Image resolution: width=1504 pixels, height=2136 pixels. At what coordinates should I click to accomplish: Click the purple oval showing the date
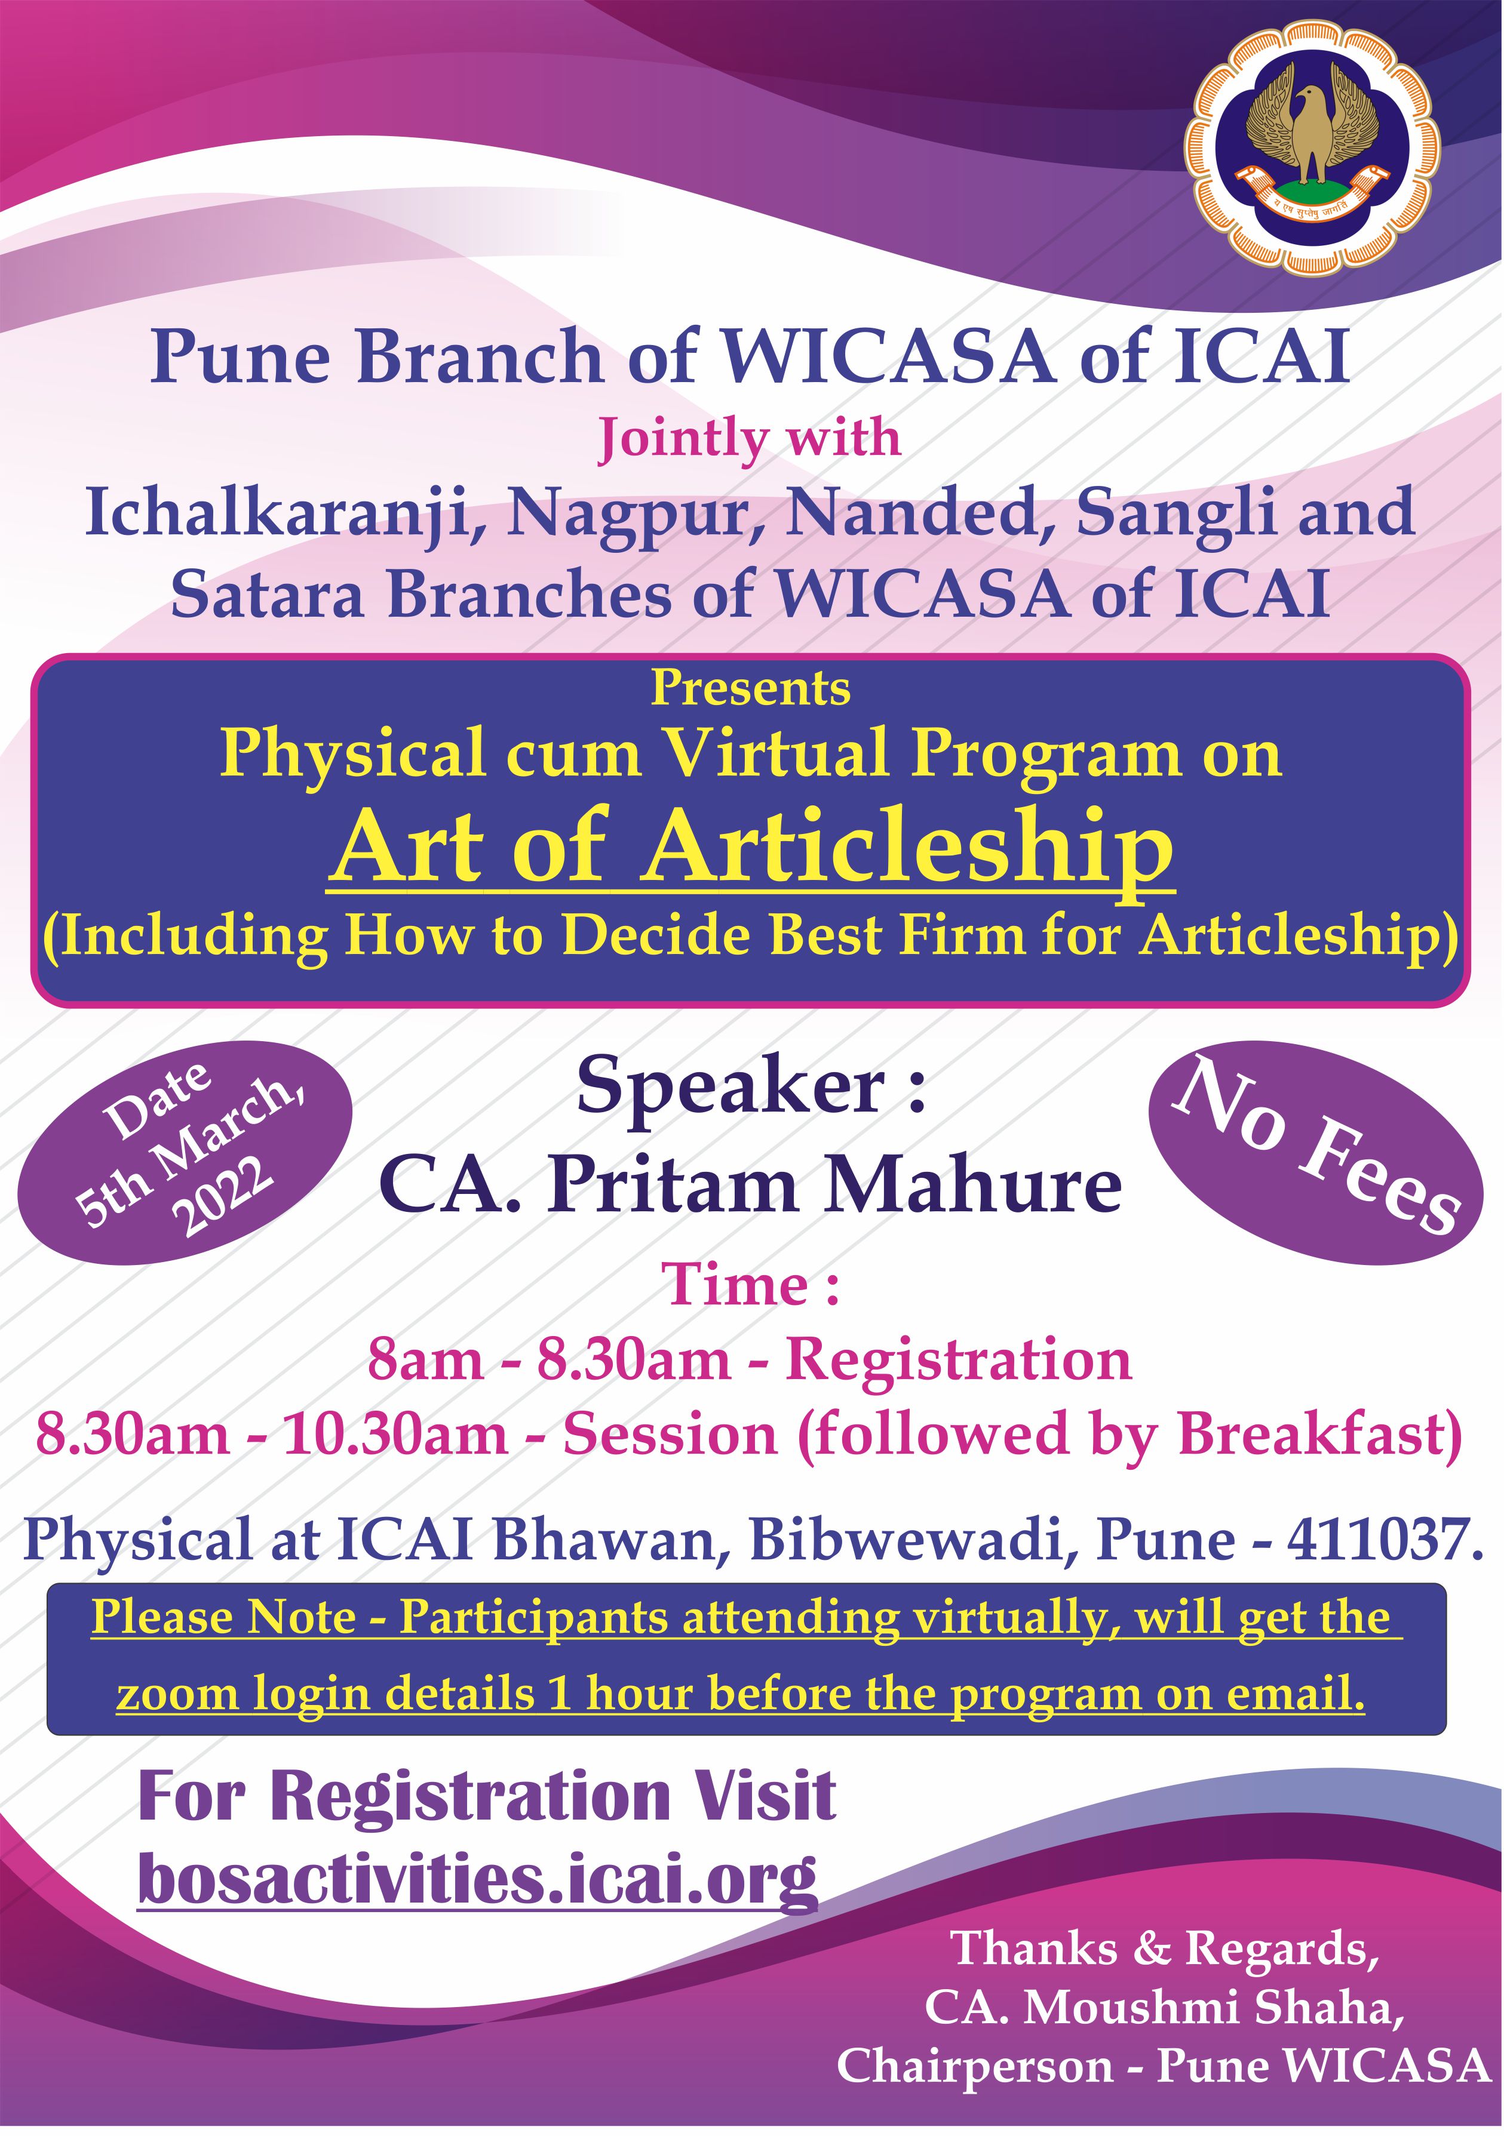[185, 1152]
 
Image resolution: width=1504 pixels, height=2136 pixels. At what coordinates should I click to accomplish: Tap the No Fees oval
[1315, 1152]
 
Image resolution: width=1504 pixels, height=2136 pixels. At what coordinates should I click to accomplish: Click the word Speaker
[730, 1088]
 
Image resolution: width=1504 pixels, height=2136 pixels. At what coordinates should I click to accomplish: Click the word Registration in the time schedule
[959, 1359]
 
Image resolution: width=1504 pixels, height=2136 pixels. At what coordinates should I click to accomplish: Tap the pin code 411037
[1380, 1539]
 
